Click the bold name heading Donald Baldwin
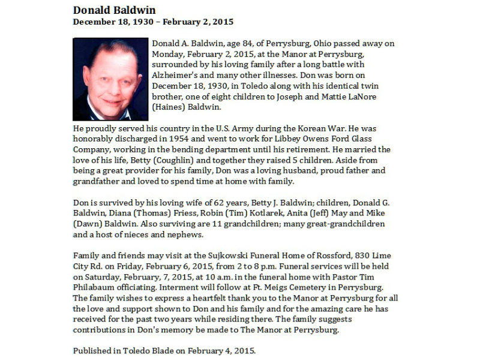coord(114,10)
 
